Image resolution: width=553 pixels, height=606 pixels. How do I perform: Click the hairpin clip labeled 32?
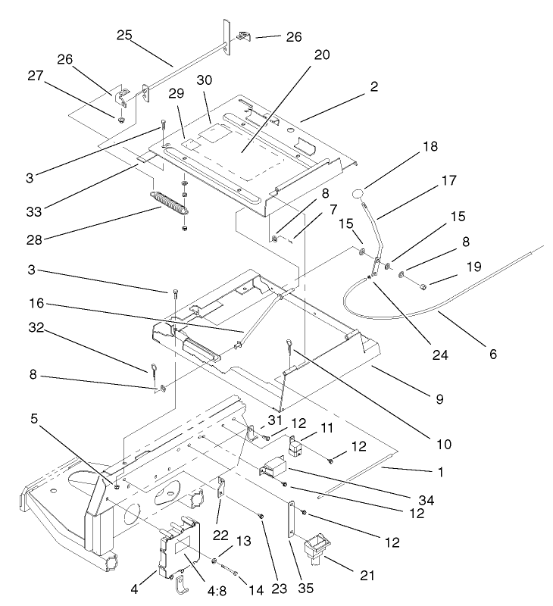153,370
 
